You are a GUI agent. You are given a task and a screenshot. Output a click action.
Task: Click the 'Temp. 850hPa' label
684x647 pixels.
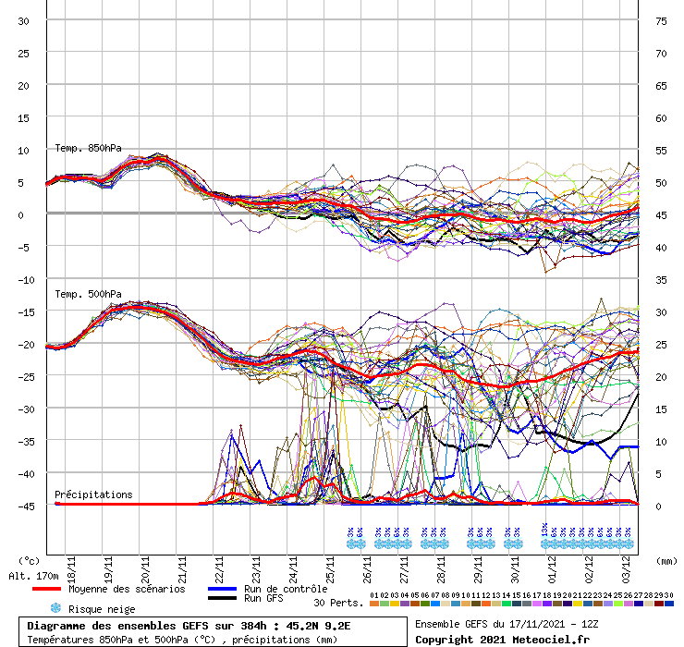point(88,148)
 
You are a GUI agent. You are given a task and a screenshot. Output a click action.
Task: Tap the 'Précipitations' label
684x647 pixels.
point(93,494)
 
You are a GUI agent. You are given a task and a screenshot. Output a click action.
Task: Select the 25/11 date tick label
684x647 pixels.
point(330,538)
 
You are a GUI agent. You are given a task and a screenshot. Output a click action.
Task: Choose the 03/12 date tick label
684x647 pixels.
point(626,538)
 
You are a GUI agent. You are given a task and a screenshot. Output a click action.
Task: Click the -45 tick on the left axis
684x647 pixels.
point(29,506)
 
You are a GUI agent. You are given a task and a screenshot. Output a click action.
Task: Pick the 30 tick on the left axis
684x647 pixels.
point(23,20)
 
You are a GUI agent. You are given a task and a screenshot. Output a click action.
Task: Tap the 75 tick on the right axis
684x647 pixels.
point(661,20)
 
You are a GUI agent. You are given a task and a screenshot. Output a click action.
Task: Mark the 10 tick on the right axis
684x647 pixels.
point(661,441)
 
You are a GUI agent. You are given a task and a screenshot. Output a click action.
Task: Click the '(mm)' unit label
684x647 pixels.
point(666,560)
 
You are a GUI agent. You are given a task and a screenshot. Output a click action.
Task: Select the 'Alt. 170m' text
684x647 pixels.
point(33,576)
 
